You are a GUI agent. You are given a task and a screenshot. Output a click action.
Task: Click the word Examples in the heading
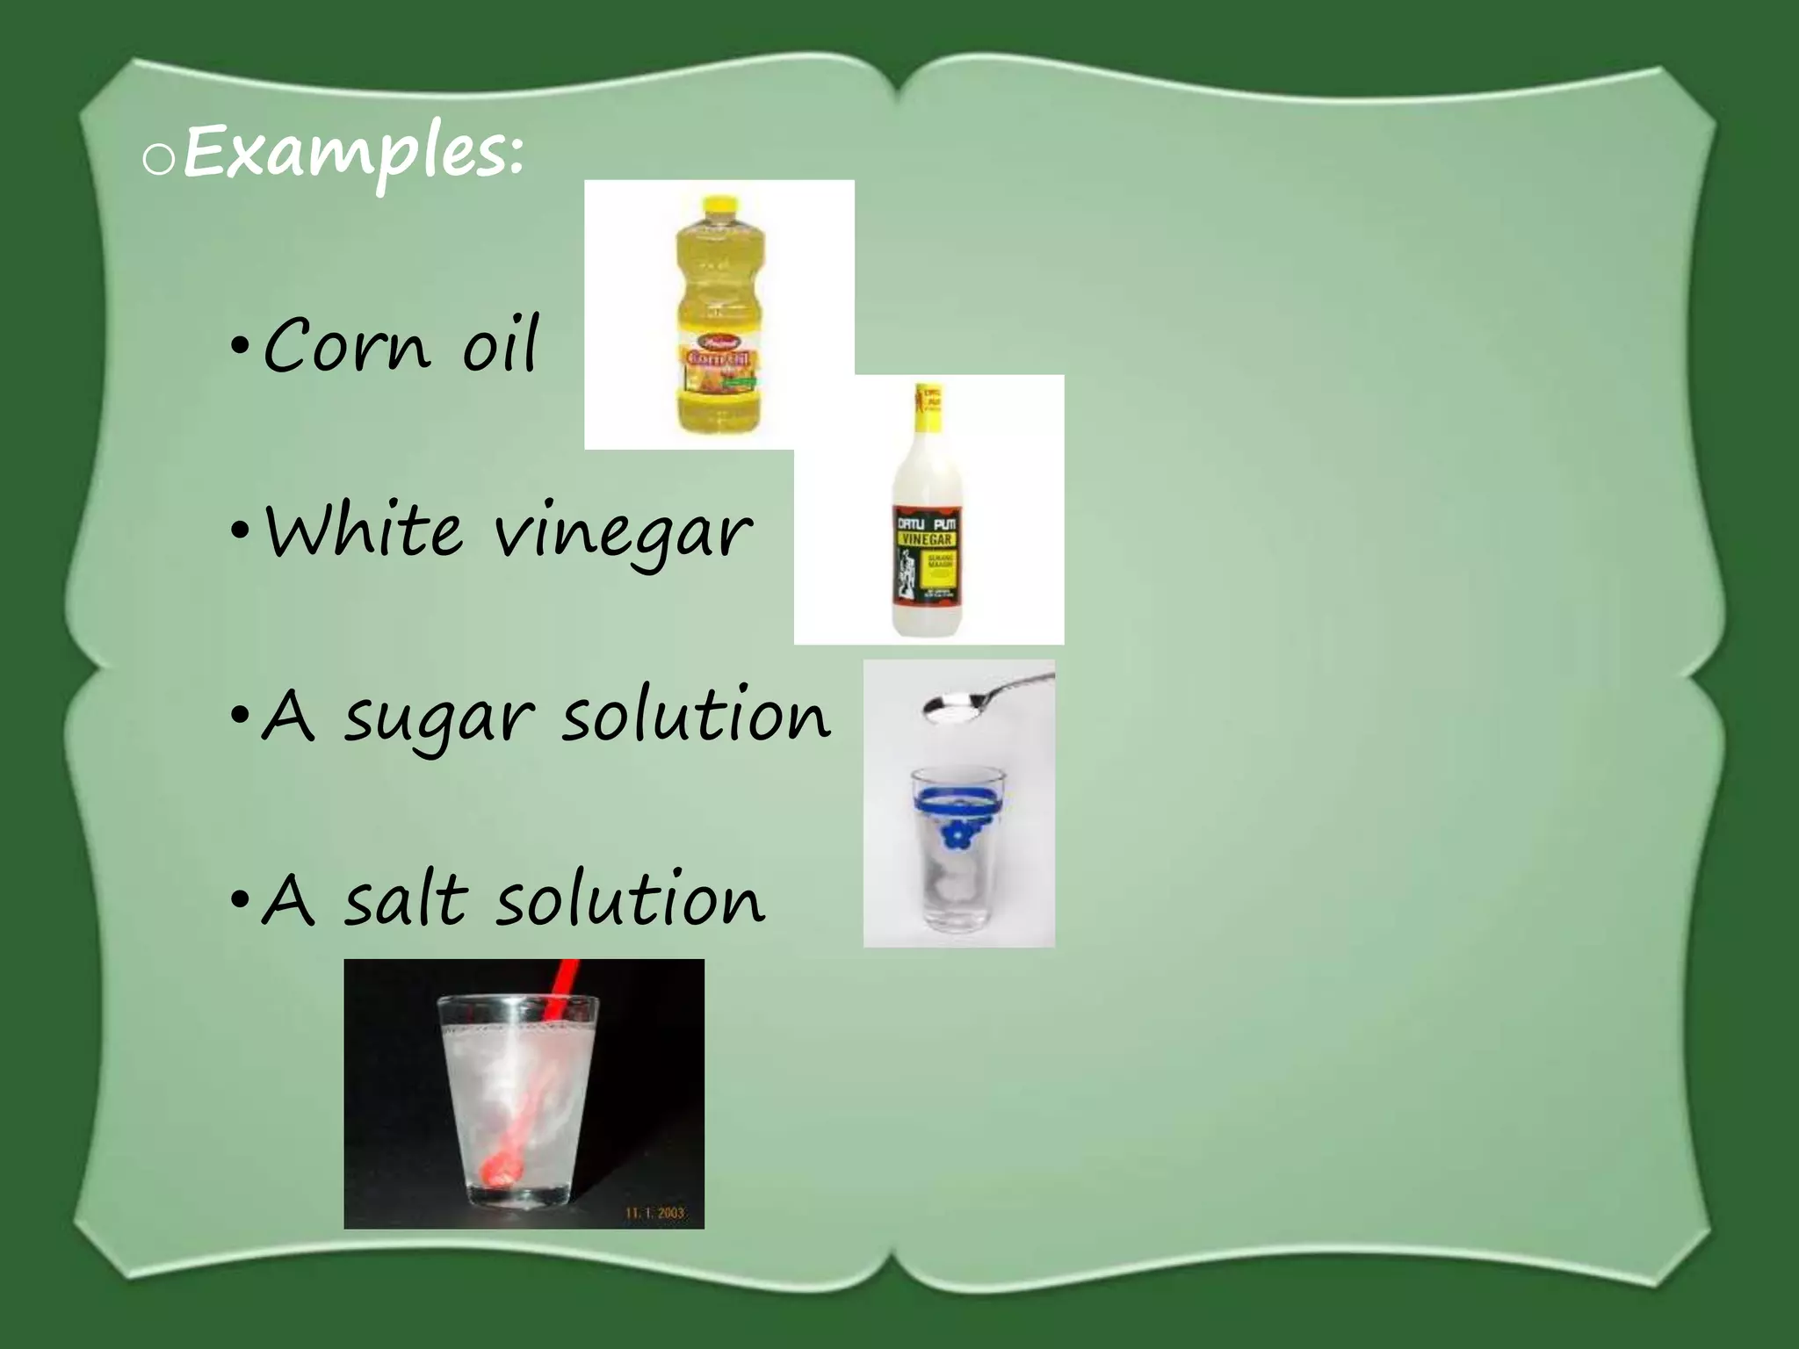(351, 155)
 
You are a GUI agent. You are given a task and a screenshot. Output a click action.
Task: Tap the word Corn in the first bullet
(346, 345)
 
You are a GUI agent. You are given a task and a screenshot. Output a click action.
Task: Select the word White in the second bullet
(364, 530)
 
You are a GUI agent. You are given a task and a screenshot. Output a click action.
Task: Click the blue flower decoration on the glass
(954, 835)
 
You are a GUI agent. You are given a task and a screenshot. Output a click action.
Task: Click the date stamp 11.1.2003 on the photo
(654, 1213)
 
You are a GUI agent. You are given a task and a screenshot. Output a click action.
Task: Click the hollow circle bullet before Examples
(159, 162)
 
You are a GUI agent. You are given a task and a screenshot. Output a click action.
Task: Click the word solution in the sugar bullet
(694, 716)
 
